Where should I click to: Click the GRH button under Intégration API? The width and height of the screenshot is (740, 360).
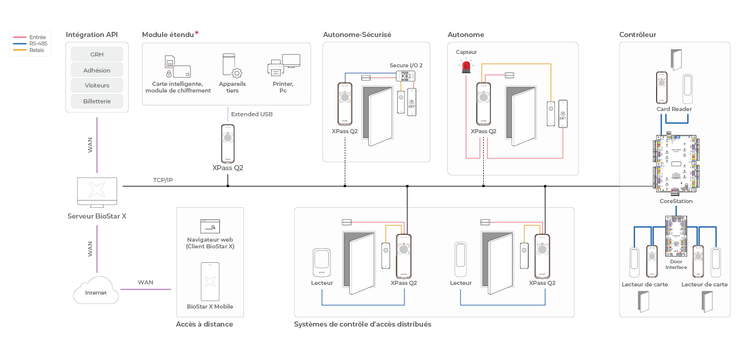(x=97, y=54)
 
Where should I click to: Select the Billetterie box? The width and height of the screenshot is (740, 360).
(x=97, y=101)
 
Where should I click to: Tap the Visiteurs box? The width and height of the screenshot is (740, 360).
(x=97, y=85)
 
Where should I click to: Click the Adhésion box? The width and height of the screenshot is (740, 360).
(x=97, y=70)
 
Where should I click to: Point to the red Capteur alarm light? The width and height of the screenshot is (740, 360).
(x=466, y=66)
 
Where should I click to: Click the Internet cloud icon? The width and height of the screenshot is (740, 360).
(x=96, y=292)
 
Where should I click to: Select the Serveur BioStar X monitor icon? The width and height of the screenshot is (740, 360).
(x=97, y=192)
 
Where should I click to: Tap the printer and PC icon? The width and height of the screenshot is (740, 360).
(x=284, y=65)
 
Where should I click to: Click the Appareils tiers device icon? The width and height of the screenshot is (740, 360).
(x=232, y=65)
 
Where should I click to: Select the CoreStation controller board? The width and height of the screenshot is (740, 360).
(x=676, y=165)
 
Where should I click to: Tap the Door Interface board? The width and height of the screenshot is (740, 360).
(x=676, y=237)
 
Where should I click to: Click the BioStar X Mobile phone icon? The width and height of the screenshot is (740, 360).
(x=209, y=281)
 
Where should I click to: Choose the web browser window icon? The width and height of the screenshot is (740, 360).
(x=209, y=226)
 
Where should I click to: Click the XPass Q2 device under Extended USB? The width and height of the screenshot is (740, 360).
(x=227, y=143)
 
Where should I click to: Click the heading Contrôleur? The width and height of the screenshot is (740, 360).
(x=637, y=35)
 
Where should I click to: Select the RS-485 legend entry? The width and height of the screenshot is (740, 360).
(x=38, y=44)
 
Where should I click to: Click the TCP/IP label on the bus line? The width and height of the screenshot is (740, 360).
(x=163, y=181)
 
